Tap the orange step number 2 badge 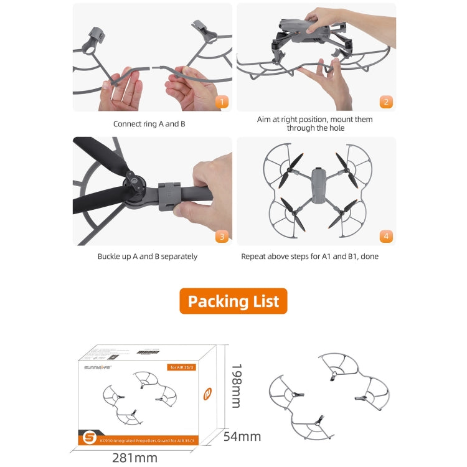386,102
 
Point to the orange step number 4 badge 386,236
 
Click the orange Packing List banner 233,301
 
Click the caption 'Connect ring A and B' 149,124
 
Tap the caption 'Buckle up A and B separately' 148,257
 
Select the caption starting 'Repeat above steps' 309,257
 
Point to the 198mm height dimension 235,386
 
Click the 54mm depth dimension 243,436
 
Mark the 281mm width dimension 134,458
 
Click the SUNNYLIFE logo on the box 97,367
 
